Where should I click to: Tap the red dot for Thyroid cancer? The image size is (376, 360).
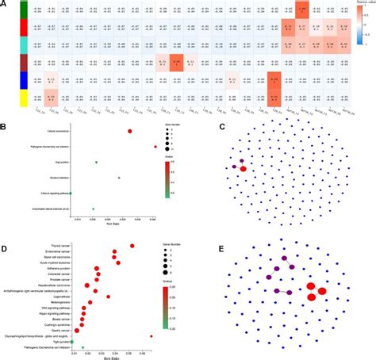[x=132, y=246]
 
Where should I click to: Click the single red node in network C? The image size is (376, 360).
[x=244, y=168]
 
